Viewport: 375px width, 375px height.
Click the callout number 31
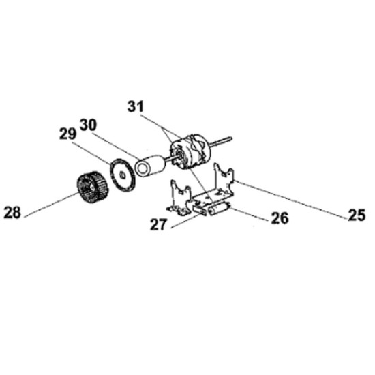click(x=136, y=106)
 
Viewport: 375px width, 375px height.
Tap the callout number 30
click(x=88, y=125)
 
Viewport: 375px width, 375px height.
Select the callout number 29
click(x=67, y=134)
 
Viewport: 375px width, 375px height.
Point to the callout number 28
click(x=12, y=212)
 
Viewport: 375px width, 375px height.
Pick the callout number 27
click(x=158, y=224)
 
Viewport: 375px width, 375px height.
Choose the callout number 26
click(x=280, y=218)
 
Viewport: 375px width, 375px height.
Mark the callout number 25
click(x=357, y=215)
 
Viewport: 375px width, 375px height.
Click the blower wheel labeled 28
click(x=93, y=187)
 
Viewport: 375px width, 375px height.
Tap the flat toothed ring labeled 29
click(x=123, y=175)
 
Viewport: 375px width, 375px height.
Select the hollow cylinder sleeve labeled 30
click(x=150, y=166)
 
